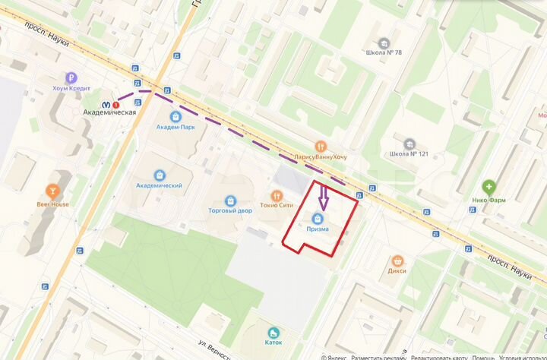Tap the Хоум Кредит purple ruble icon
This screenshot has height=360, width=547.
tap(71, 77)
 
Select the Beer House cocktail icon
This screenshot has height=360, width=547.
tap(53, 190)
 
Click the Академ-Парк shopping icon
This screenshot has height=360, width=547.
tap(176, 116)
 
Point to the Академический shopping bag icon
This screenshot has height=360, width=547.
tap(159, 175)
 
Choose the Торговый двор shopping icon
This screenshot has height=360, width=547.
tap(230, 199)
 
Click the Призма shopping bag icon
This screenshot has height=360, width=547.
tap(318, 219)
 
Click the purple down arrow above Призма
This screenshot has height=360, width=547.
tap(322, 199)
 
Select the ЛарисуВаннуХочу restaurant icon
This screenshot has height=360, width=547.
tap(322, 146)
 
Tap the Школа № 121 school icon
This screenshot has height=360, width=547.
tap(409, 143)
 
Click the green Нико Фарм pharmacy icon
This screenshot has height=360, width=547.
tap(489, 186)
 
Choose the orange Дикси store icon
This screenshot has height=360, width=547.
tap(397, 260)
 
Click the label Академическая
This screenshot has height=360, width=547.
tap(109, 112)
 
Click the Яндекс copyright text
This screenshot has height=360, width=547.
tap(335, 357)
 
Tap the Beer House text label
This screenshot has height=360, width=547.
tap(53, 204)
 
